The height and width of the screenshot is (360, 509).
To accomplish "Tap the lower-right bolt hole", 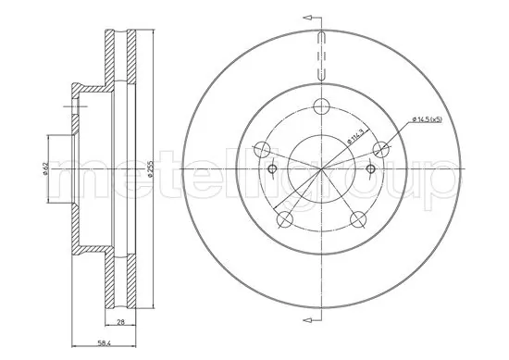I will click(358, 219).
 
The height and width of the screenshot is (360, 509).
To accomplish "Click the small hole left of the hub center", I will click(272, 169).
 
